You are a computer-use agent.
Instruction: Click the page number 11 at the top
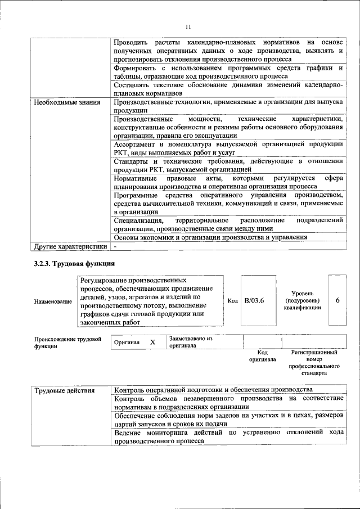point(188,26)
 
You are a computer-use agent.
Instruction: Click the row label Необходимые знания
point(67,102)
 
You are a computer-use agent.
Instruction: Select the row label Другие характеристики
point(70,246)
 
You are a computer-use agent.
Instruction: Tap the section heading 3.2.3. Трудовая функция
point(74,263)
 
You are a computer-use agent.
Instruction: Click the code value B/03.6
point(254,300)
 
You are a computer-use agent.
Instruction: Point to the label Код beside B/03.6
point(232,300)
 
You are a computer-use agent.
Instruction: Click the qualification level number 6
point(337,300)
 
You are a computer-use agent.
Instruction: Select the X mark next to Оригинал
point(152,342)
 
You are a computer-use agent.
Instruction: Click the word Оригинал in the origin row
point(127,342)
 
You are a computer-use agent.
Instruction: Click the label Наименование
point(53,301)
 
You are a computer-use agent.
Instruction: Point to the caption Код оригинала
point(262,355)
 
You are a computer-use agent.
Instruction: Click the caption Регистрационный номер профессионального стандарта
point(314,362)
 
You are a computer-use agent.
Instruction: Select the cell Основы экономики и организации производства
point(210,237)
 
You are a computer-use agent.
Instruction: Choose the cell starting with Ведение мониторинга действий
point(228,437)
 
